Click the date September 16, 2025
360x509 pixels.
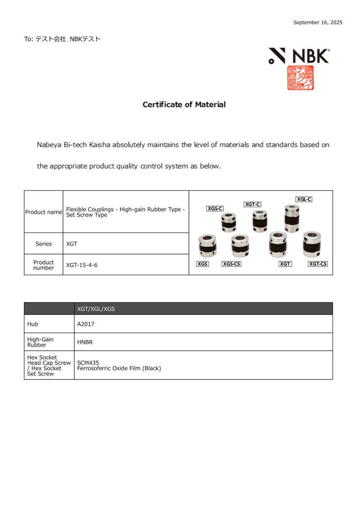tap(318, 22)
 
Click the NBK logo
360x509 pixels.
tap(299, 56)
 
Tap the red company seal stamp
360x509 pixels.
tap(301, 78)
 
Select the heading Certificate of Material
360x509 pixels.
tap(184, 105)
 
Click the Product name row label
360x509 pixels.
tap(43, 212)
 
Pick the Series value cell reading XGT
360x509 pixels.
tap(72, 244)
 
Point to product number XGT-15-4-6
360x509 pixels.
tap(82, 265)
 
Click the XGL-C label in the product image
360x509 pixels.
tap(304, 199)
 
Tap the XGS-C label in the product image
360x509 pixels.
tap(215, 209)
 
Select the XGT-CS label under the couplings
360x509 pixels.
tap(318, 264)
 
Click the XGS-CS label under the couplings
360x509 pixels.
tap(231, 264)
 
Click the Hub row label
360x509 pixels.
tap(32, 324)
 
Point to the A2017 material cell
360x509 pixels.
tap(85, 324)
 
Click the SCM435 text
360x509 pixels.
tap(88, 362)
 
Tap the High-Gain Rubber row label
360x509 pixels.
tap(40, 342)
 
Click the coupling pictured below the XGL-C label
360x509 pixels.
tap(292, 218)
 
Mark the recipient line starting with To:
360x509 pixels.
tap(62, 39)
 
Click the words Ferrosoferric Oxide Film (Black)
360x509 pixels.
tap(119, 368)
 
